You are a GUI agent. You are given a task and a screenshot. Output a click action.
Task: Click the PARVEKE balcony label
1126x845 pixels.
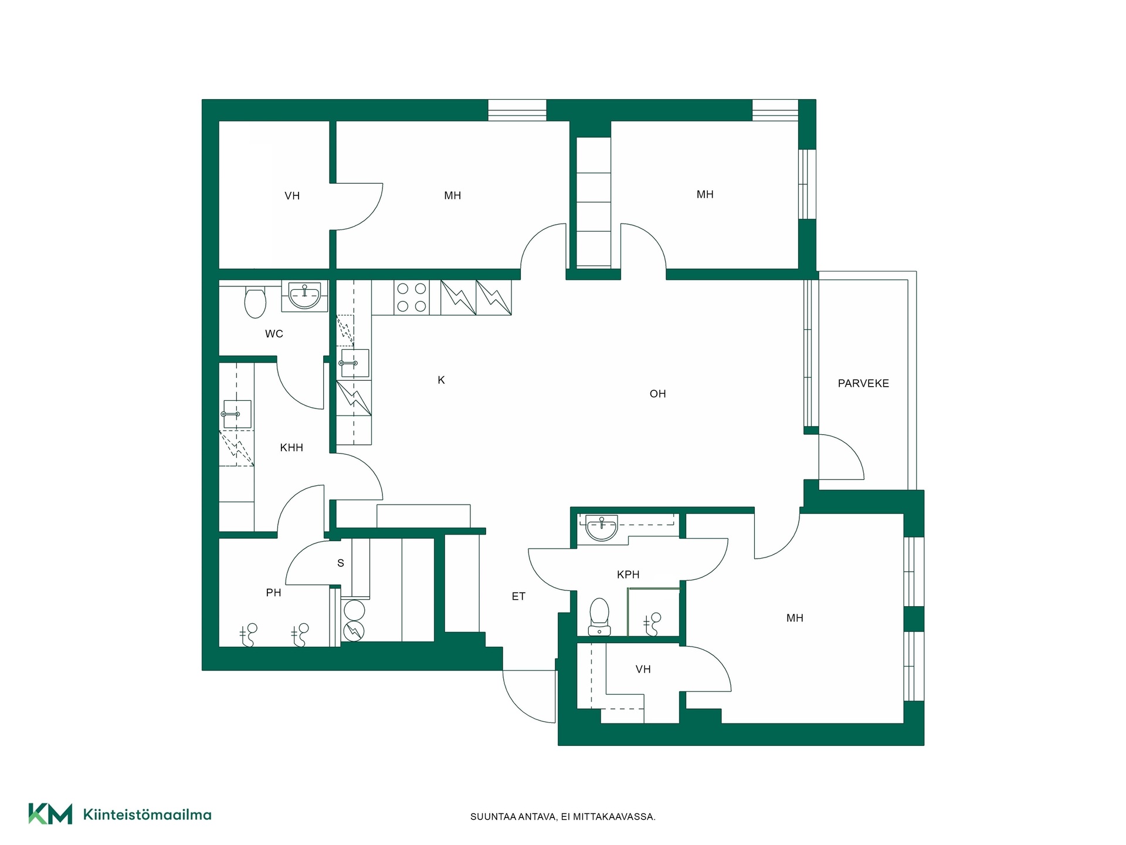(863, 384)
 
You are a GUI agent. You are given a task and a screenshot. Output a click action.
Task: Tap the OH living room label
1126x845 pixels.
(657, 394)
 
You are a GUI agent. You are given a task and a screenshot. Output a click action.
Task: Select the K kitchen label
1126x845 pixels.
(441, 380)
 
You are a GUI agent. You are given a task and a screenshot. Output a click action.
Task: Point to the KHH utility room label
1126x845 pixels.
(291, 448)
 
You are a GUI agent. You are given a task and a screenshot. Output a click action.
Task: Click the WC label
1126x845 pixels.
(274, 334)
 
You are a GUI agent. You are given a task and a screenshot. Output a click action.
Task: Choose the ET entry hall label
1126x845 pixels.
(518, 596)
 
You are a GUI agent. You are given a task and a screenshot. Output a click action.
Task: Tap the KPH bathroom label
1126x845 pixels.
(628, 574)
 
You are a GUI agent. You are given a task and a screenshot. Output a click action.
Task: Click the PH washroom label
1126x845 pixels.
(273, 593)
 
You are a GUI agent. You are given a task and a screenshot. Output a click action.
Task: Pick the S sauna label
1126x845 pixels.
(341, 563)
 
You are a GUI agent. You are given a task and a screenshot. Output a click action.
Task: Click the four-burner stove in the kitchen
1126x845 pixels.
(412, 298)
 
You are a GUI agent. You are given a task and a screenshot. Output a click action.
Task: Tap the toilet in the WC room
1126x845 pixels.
(255, 301)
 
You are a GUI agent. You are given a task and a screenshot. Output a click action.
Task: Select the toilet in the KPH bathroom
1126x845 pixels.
(599, 616)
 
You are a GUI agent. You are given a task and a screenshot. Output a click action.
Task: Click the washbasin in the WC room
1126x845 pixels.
(304, 296)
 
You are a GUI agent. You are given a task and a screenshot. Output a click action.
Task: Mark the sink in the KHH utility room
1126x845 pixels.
(237, 414)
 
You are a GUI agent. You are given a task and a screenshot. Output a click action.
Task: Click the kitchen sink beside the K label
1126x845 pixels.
(354, 363)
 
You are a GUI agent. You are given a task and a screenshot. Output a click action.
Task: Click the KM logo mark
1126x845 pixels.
(50, 814)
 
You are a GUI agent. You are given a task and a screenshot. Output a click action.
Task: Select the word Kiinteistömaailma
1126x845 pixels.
(147, 814)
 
